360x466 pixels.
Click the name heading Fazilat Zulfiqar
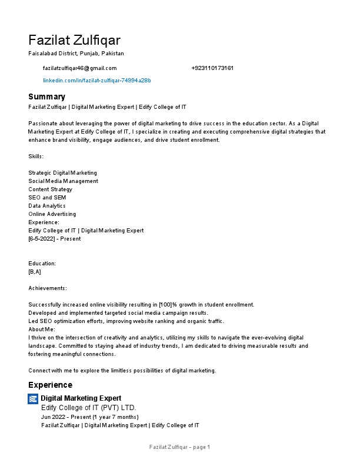tap(74, 40)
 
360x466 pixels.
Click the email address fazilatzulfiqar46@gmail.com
tap(80, 68)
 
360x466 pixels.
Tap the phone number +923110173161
tap(212, 68)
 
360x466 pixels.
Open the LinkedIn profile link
tap(97, 80)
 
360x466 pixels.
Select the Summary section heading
tap(47, 96)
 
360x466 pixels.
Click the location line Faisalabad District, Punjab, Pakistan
tap(76, 53)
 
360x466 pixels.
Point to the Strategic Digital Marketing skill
tap(63, 173)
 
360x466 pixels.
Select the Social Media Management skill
tap(64, 181)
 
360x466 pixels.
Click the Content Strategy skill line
tap(51, 189)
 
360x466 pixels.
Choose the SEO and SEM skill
tap(43, 198)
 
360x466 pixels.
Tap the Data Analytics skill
tap(47, 206)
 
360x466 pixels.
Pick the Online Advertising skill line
tap(52, 214)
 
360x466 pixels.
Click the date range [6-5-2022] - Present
tap(55, 239)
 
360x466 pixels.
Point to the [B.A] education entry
tap(35, 272)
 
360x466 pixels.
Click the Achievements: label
tap(48, 288)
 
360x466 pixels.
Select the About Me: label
tap(42, 329)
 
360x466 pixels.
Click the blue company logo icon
tap(33, 399)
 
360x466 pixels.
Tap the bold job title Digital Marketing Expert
tap(81, 398)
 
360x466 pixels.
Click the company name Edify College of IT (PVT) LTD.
tap(88, 408)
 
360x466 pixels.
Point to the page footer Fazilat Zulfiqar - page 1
tap(179, 447)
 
